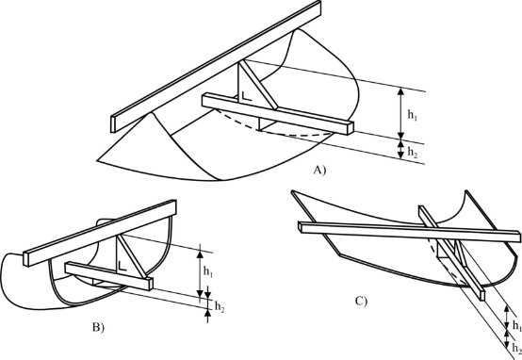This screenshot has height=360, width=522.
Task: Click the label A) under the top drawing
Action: pos(319,171)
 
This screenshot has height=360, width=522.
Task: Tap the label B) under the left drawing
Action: pos(98,327)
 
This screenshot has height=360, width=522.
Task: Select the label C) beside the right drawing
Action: pos(361,302)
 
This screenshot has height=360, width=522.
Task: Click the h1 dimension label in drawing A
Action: pos(413,115)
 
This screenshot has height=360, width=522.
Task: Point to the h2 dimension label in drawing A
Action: pos(413,152)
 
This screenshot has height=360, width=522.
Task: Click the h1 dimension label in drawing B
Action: pos(208,272)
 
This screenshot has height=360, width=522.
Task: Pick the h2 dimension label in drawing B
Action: pos(220,306)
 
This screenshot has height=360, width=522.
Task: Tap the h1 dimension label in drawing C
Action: pos(517,325)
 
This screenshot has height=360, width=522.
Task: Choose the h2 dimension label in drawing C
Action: pos(517,348)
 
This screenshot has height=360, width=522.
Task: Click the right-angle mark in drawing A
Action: pos(246,96)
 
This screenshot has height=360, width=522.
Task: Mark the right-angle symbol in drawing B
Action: pos(122,266)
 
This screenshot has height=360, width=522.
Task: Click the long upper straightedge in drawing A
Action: pos(216,67)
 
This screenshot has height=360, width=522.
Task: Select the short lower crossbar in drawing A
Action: pos(278,114)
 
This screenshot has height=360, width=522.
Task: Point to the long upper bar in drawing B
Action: pos(100,233)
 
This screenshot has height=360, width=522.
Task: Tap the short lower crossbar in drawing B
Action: pos(109,276)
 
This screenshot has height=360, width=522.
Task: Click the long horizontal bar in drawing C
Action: pos(410,232)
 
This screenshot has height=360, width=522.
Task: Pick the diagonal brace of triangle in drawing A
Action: pos(259,84)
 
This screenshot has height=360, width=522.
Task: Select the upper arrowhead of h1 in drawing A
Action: pos(401,91)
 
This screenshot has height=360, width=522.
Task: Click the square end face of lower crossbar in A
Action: pos(351,128)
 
